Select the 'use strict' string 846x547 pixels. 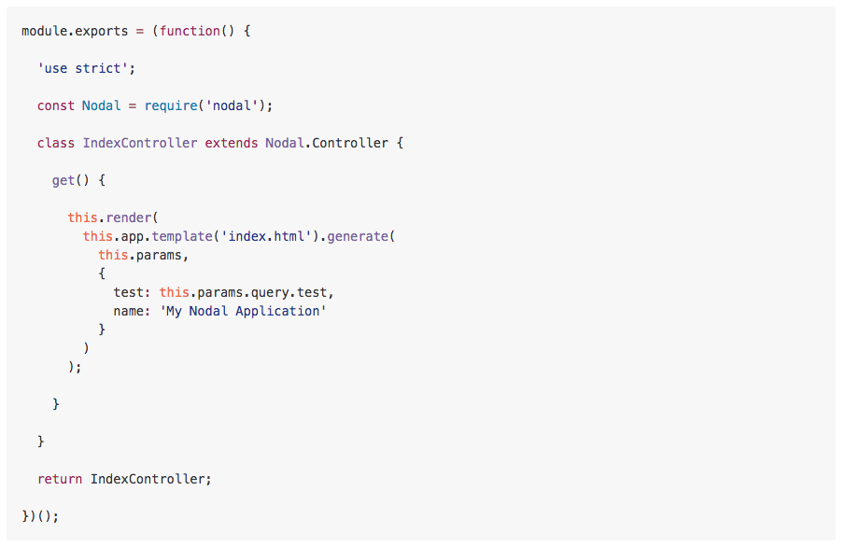point(79,68)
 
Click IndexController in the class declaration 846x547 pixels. point(140,143)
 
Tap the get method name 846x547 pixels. point(63,180)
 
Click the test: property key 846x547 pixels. point(133,292)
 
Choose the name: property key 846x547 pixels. point(133,311)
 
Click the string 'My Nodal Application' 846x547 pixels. point(244,311)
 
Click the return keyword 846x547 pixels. point(60,479)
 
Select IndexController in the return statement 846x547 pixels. point(148,479)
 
